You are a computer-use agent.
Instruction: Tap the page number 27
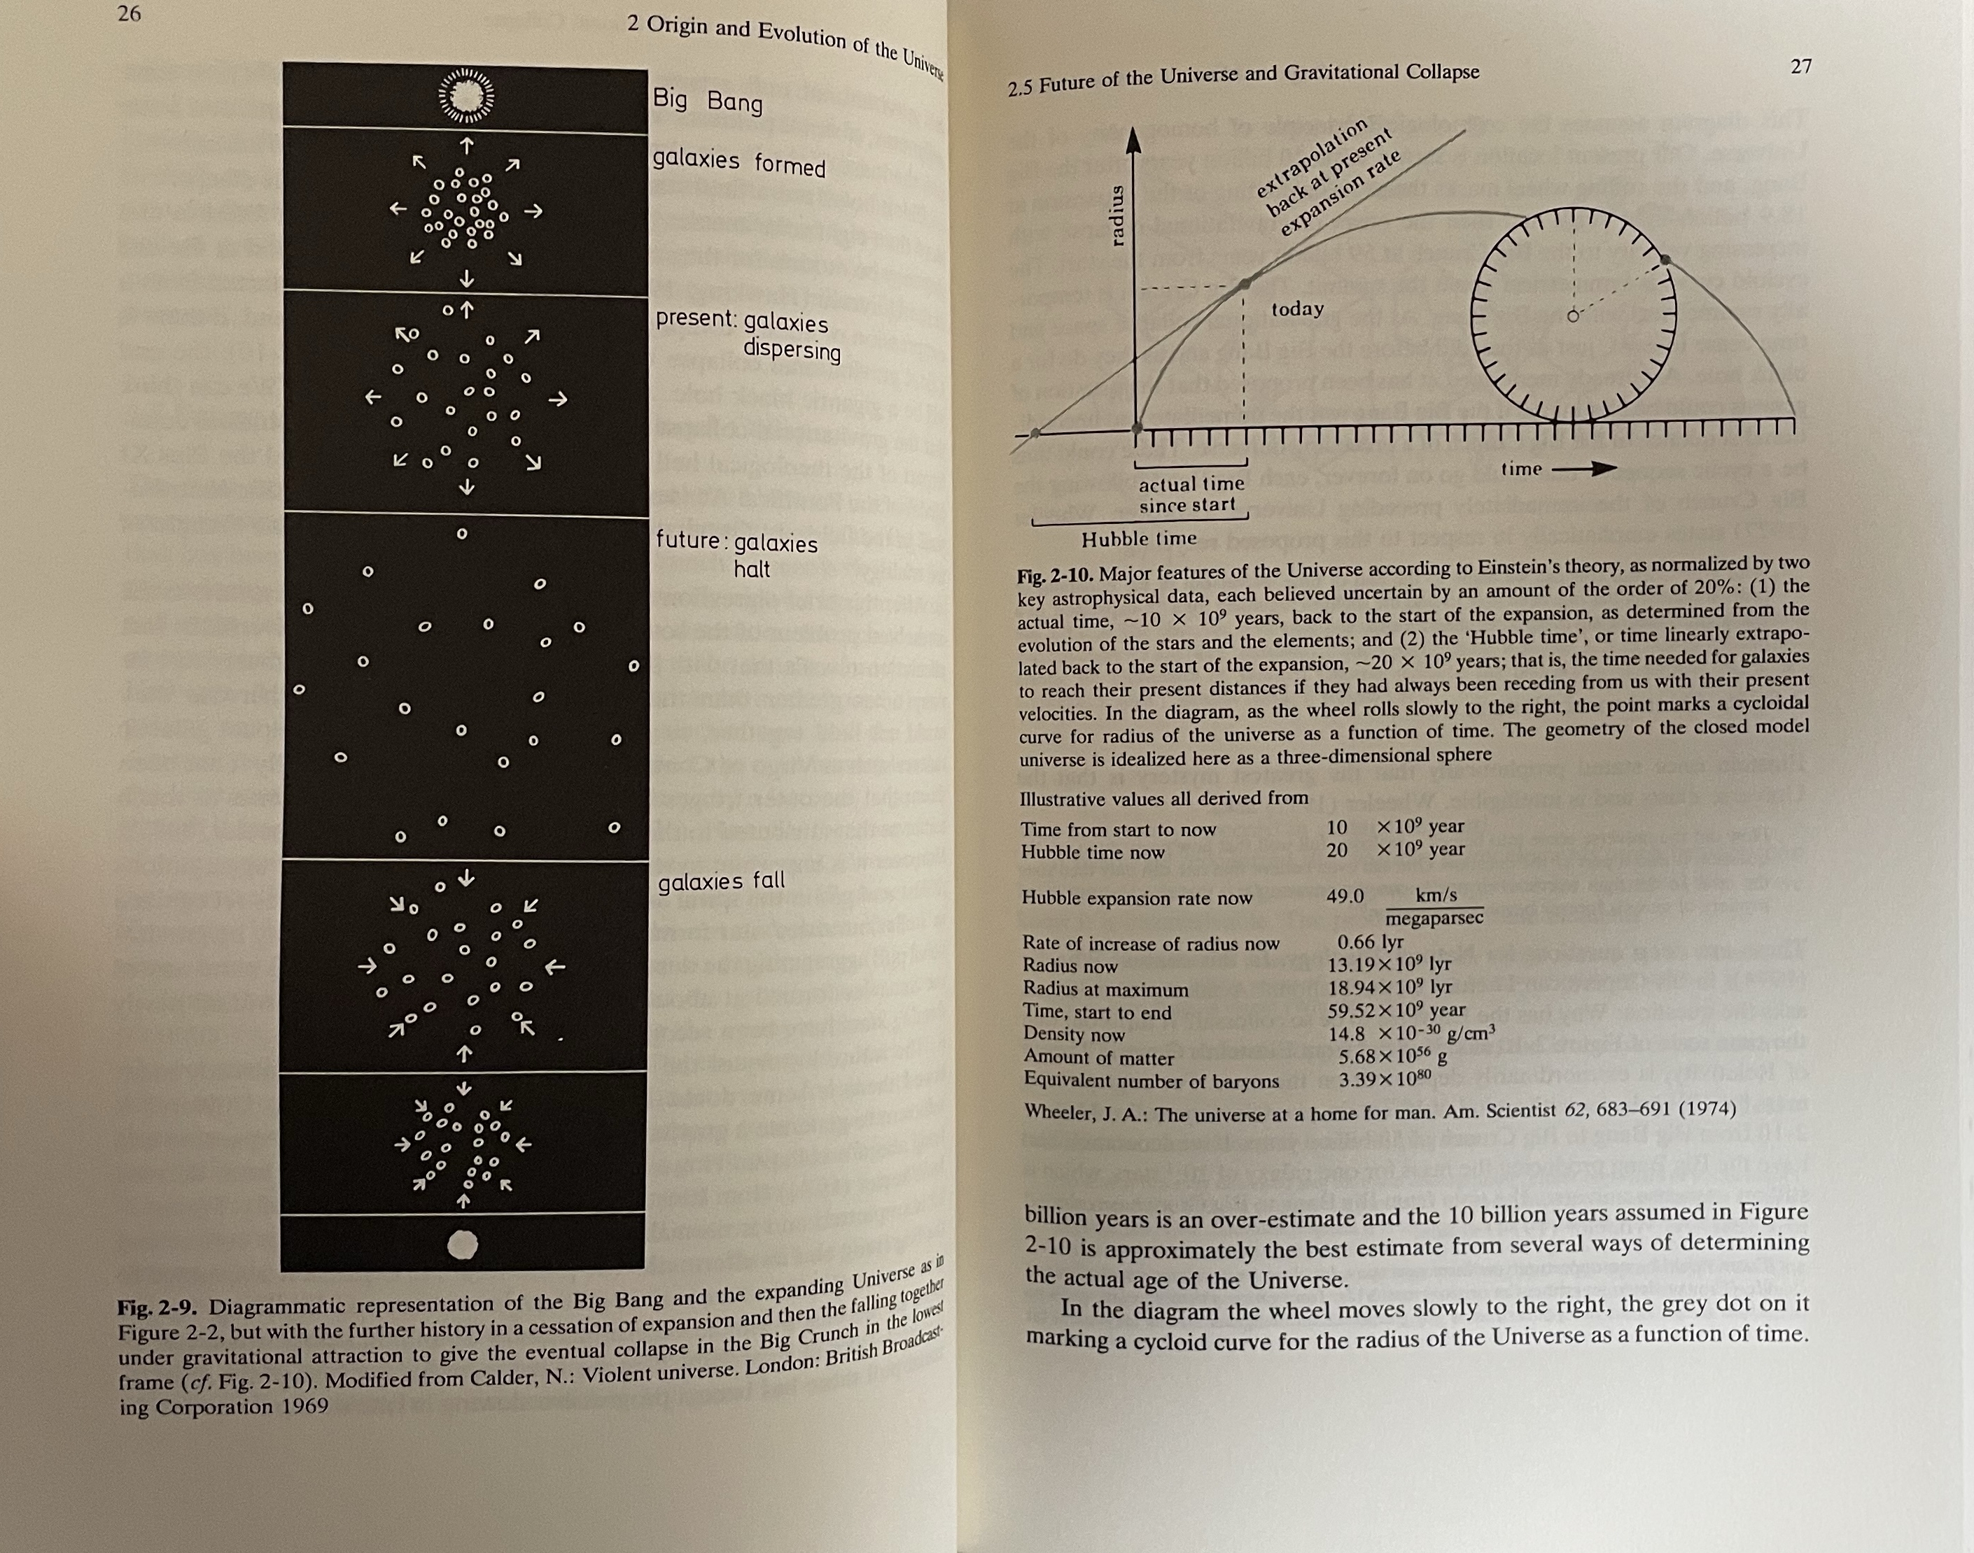pyautogui.click(x=1800, y=66)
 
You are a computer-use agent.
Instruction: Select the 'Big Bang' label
pyautogui.click(x=707, y=100)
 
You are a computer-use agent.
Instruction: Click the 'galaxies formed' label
pyautogui.click(x=738, y=163)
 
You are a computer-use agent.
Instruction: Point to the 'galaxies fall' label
pyautogui.click(x=720, y=881)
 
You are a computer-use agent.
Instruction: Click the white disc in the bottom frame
pyautogui.click(x=463, y=1243)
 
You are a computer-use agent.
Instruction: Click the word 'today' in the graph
pyautogui.click(x=1297, y=309)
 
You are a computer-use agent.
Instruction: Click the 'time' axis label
pyautogui.click(x=1521, y=469)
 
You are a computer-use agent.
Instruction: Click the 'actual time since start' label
pyautogui.click(x=1191, y=495)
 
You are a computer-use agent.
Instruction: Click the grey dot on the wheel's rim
pyautogui.click(x=1665, y=260)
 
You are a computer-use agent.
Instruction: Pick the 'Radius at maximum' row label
pyautogui.click(x=1105, y=989)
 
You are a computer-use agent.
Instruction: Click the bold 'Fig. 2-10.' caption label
pyautogui.click(x=1055, y=576)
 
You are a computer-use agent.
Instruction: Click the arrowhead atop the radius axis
pyautogui.click(x=1133, y=141)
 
